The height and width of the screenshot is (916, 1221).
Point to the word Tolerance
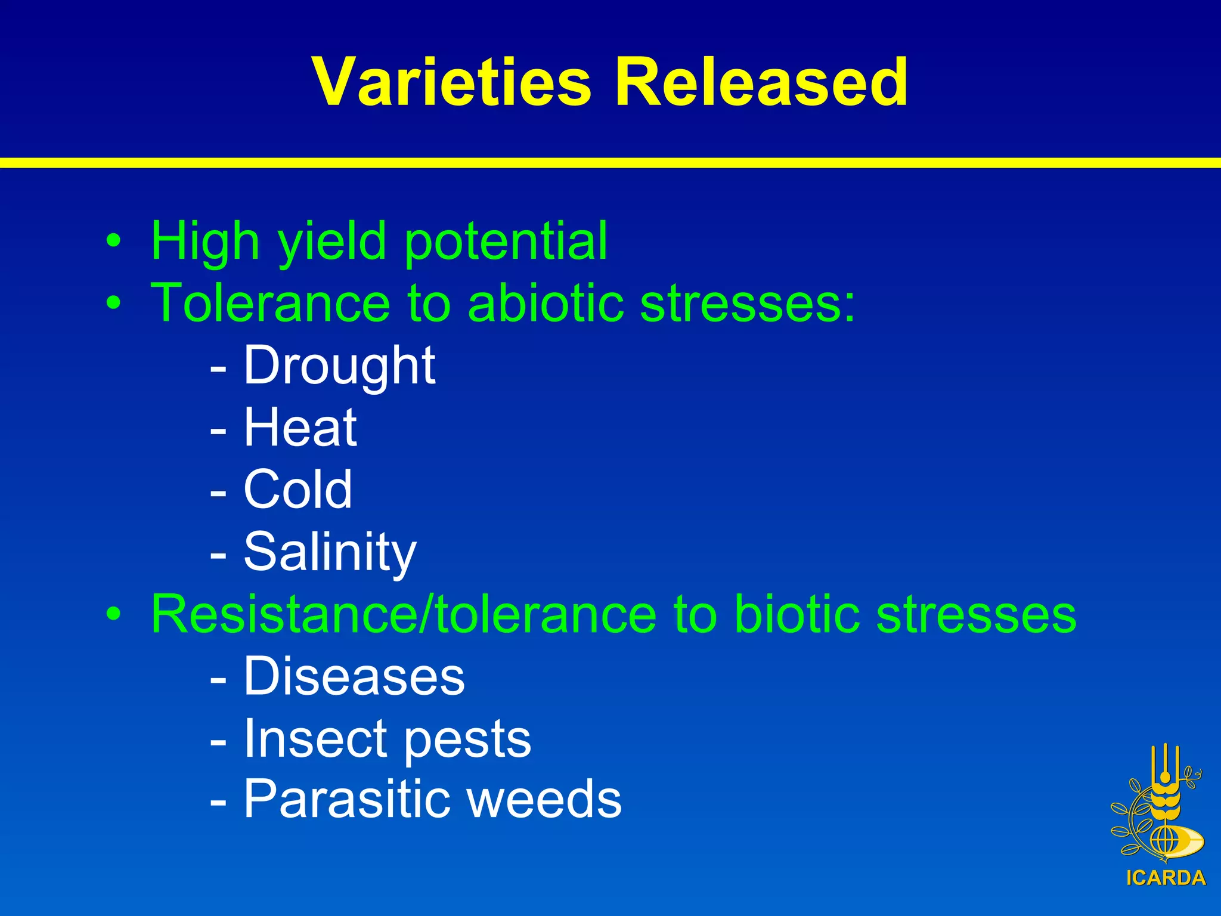270,304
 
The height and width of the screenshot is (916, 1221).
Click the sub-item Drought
339,366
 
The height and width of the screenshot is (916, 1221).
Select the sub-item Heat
300,428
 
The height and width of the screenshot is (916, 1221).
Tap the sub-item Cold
297,490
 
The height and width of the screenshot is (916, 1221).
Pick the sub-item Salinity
330,552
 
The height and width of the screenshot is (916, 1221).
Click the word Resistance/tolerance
404,614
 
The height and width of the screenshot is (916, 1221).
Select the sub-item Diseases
354,676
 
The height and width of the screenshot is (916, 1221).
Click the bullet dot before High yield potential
113,242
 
